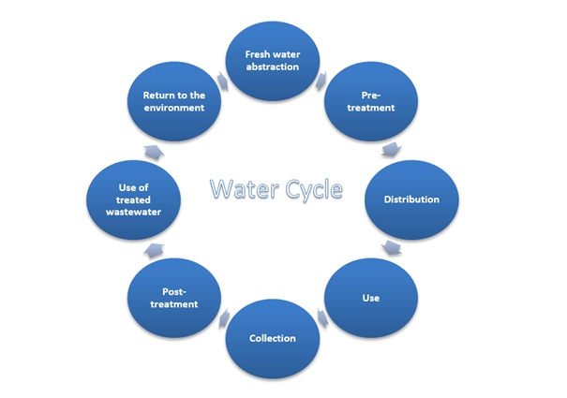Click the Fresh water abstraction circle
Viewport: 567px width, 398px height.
273,61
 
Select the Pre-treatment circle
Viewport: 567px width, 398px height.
371,101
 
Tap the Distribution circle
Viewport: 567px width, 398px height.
411,199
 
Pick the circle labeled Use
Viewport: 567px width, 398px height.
371,298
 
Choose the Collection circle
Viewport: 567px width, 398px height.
273,339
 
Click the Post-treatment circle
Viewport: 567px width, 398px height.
174,298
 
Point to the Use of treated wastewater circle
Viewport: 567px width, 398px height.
133,199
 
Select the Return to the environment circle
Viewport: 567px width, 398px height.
174,101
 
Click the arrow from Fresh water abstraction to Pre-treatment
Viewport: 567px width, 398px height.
321,81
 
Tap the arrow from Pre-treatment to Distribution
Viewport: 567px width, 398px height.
391,150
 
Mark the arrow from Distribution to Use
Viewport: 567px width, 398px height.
391,247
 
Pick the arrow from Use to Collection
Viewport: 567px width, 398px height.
322,318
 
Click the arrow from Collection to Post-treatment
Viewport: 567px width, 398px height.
224,318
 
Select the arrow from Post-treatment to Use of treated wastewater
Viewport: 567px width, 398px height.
154,251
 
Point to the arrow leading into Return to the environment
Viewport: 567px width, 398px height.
154,153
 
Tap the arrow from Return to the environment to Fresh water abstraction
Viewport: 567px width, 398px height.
223,81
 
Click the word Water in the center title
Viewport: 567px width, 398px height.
245,188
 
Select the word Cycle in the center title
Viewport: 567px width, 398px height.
314,190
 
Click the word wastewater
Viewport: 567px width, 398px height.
133,212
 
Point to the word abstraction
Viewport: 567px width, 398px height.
273,66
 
